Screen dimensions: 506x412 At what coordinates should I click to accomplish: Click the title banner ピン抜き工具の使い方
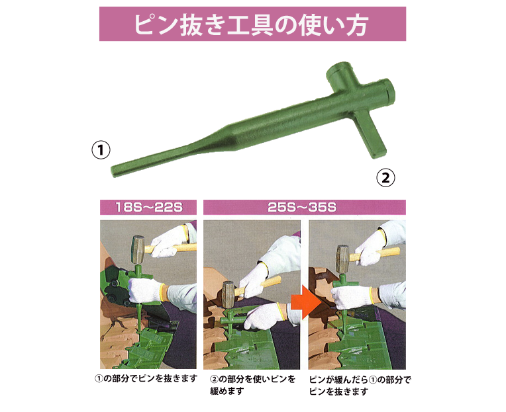pos(252,24)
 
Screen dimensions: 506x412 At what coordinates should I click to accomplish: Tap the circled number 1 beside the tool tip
pos(101,150)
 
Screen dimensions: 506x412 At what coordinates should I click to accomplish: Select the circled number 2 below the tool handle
pos(385,177)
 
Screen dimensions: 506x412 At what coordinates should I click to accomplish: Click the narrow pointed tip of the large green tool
pos(113,172)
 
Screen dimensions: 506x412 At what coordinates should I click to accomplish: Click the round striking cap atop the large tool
pos(338,71)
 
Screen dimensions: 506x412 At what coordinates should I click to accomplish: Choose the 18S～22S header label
pos(148,207)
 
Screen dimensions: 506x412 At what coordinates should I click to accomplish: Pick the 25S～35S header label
pos(304,207)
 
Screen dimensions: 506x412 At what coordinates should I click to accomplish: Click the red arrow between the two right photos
pos(305,302)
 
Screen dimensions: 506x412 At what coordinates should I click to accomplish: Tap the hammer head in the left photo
pos(138,250)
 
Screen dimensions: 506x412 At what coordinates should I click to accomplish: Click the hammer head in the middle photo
pos(228,295)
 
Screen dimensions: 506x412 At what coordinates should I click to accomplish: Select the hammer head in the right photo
pos(342,259)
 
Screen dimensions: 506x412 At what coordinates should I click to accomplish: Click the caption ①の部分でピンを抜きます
pos(146,378)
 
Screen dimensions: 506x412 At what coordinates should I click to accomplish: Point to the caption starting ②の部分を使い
pos(253,385)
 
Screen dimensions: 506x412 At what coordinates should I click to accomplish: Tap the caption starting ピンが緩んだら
pos(360,386)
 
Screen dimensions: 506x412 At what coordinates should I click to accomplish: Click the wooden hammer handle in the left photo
pos(171,248)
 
